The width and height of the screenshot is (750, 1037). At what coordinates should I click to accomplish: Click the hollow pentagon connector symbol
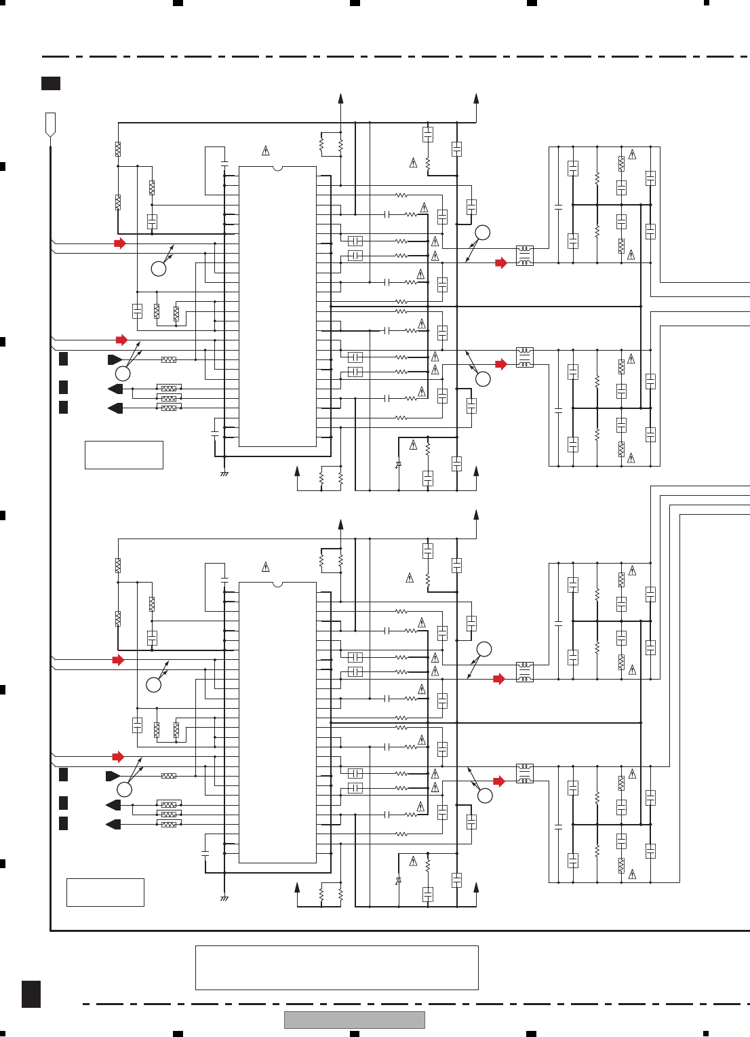coord(50,125)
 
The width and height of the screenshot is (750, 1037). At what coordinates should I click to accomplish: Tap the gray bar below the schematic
coord(354,1019)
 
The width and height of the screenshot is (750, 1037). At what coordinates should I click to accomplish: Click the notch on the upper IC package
coord(277,168)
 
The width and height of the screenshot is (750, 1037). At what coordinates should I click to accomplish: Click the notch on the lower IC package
coord(277,583)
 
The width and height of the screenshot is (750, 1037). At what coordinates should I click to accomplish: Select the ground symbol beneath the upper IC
coord(224,473)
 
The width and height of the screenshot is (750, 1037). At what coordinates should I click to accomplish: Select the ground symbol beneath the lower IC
coord(224,898)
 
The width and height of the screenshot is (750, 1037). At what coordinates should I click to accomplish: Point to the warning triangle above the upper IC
coord(266,150)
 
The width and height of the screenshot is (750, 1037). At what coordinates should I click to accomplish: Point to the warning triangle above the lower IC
coord(266,566)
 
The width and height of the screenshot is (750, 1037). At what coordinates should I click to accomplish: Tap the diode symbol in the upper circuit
coord(398,465)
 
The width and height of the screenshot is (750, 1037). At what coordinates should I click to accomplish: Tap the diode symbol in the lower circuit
coord(398,880)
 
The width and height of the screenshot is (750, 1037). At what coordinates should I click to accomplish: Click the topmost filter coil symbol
coord(525,256)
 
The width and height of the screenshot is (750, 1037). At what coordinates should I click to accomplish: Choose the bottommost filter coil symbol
coord(525,773)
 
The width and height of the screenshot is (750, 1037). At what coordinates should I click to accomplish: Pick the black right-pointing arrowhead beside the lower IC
coord(113,776)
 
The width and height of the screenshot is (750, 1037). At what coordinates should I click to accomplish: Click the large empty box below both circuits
coord(336,968)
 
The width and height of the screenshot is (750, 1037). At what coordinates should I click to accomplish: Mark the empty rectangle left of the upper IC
coord(123,454)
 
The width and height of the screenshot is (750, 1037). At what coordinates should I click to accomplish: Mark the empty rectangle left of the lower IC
coord(105,892)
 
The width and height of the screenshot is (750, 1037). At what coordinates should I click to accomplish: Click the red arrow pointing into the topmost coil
coord(501,263)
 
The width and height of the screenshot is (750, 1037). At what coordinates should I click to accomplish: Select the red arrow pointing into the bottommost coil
coord(500,781)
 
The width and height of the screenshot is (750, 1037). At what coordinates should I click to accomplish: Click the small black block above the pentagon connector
coord(51,83)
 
